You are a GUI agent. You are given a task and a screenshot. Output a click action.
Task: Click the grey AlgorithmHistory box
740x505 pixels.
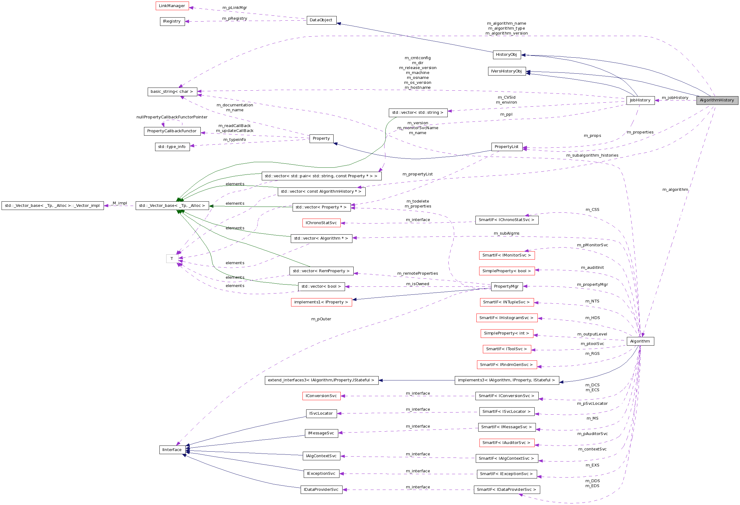pos(717,100)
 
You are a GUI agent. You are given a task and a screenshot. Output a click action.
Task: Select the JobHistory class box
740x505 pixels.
pos(640,100)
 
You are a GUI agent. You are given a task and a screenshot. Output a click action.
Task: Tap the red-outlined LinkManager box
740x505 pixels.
pos(172,6)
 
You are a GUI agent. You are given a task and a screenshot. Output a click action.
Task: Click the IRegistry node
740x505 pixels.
pos(172,21)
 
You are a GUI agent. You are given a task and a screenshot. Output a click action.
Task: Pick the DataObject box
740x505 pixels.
pos(321,20)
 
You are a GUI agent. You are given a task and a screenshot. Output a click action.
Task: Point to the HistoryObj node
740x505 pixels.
pos(506,55)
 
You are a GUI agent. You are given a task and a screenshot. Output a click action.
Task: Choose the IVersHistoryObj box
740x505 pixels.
pos(506,71)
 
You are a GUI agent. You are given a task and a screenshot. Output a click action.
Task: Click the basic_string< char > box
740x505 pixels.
pos(172,92)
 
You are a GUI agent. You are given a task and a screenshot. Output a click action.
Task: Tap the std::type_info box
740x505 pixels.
pos(172,147)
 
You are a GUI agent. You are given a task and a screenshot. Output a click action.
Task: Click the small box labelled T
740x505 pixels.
pos(172,259)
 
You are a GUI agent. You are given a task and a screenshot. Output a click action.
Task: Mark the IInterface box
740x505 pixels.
pos(172,450)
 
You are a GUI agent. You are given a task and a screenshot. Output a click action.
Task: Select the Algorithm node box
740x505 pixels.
pos(640,341)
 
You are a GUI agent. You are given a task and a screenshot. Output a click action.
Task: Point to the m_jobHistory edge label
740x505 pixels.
pos(675,98)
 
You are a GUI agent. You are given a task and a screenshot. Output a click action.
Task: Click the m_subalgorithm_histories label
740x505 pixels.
pos(592,155)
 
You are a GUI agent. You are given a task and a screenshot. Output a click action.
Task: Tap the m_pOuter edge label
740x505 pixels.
pos(321,319)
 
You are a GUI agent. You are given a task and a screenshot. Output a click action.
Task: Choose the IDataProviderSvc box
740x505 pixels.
pos(321,489)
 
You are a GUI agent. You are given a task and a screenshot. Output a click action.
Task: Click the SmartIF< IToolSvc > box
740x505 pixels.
pos(506,349)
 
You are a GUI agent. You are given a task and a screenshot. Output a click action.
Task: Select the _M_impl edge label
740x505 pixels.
pos(120,203)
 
